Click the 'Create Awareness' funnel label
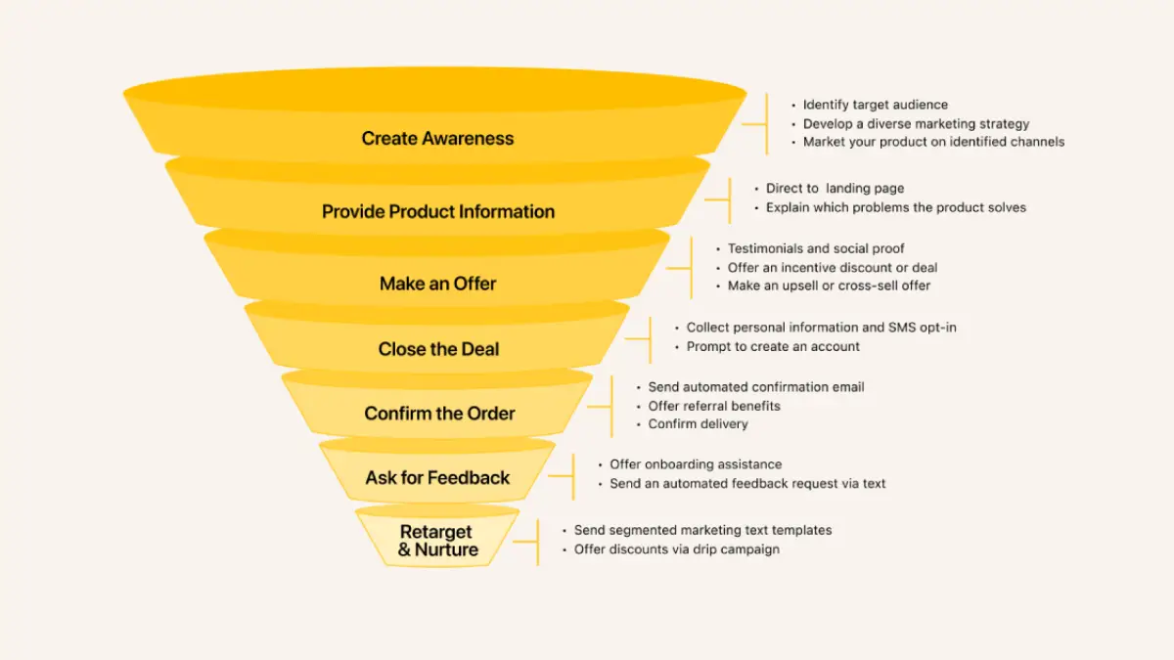coord(437,138)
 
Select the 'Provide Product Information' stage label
coord(438,211)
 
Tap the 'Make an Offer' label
coord(437,284)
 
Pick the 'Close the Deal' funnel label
coord(438,349)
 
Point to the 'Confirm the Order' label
coord(439,414)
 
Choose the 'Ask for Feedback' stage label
coord(437,478)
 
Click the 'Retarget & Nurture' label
coord(437,541)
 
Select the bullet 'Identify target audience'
coord(875,105)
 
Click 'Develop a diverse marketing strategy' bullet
coord(916,124)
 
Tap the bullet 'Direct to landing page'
coord(835,189)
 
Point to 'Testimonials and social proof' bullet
coord(816,248)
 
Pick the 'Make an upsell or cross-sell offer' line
coord(829,286)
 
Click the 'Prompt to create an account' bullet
coord(773,346)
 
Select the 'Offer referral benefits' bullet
coord(714,406)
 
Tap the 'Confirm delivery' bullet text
coord(698,424)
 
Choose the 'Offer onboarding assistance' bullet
coord(696,464)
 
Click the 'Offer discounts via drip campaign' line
coord(676,550)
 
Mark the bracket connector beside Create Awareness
coord(757,124)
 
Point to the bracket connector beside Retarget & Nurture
coord(528,541)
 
